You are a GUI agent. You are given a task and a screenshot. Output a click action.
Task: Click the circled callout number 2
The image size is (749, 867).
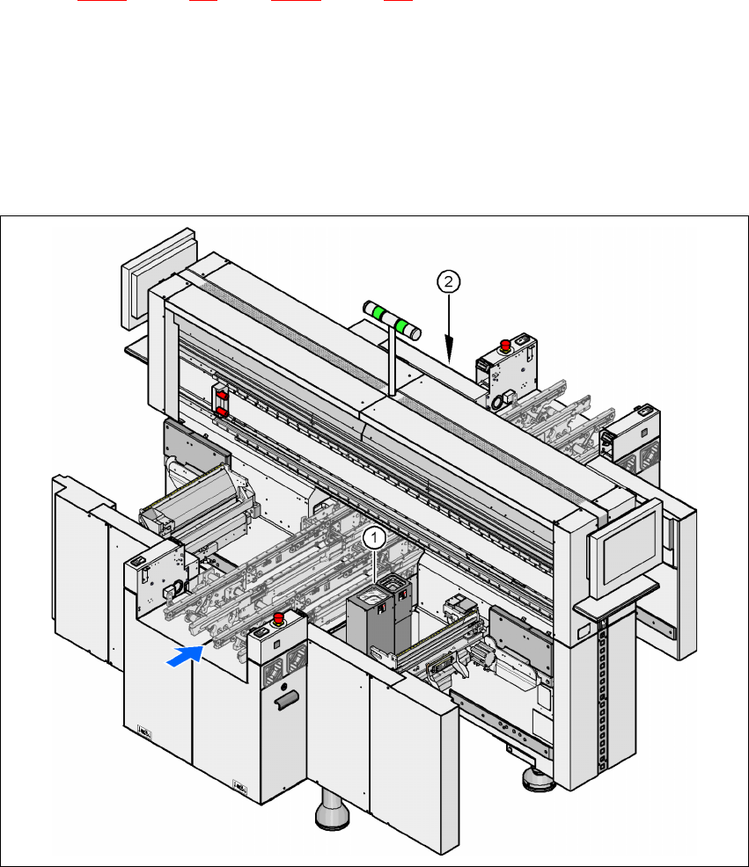click(x=449, y=281)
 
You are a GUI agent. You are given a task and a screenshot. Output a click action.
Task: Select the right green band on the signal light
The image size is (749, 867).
click(x=406, y=327)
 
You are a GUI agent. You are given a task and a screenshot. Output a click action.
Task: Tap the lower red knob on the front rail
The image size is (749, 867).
click(x=221, y=410)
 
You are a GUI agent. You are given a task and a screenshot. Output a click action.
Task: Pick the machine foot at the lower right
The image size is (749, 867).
click(x=532, y=779)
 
